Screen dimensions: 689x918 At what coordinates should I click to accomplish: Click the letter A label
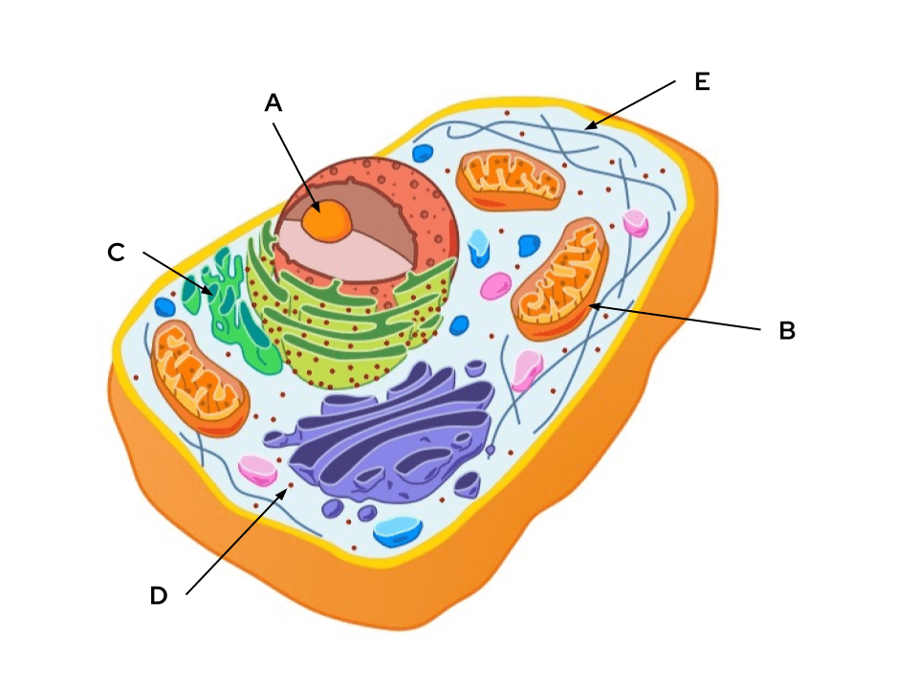273,103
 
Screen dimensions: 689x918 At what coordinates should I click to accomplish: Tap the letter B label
786,331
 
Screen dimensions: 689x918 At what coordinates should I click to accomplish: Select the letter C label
116,253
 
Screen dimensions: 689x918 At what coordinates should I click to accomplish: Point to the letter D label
159,596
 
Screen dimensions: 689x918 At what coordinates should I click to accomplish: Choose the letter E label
702,82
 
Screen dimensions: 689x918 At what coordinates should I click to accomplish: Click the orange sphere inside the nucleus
327,220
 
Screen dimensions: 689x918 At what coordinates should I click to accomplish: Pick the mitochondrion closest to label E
510,179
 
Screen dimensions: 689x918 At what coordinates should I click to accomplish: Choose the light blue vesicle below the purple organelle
398,529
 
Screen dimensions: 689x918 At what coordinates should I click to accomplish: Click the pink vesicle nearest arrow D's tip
256,469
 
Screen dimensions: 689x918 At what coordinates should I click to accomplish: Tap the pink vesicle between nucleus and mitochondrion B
495,285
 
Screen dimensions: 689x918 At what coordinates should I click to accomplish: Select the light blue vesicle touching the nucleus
478,247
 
